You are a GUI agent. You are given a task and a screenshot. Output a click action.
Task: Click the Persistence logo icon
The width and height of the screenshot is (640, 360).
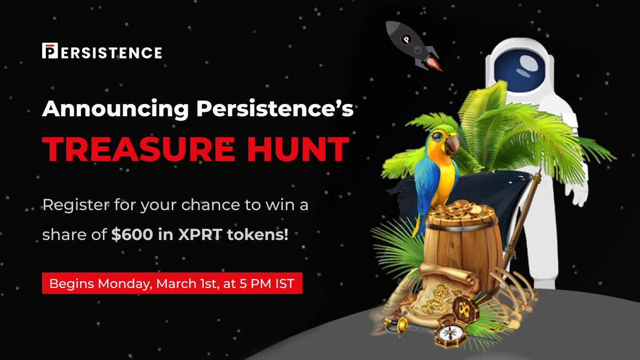(x=49, y=51)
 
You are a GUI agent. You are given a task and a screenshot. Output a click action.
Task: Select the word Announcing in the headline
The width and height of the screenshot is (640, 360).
(x=115, y=109)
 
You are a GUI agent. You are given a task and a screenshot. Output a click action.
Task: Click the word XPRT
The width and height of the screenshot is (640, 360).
(x=200, y=235)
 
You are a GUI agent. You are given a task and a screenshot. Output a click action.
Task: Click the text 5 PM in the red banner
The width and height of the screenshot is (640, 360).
(x=252, y=284)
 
